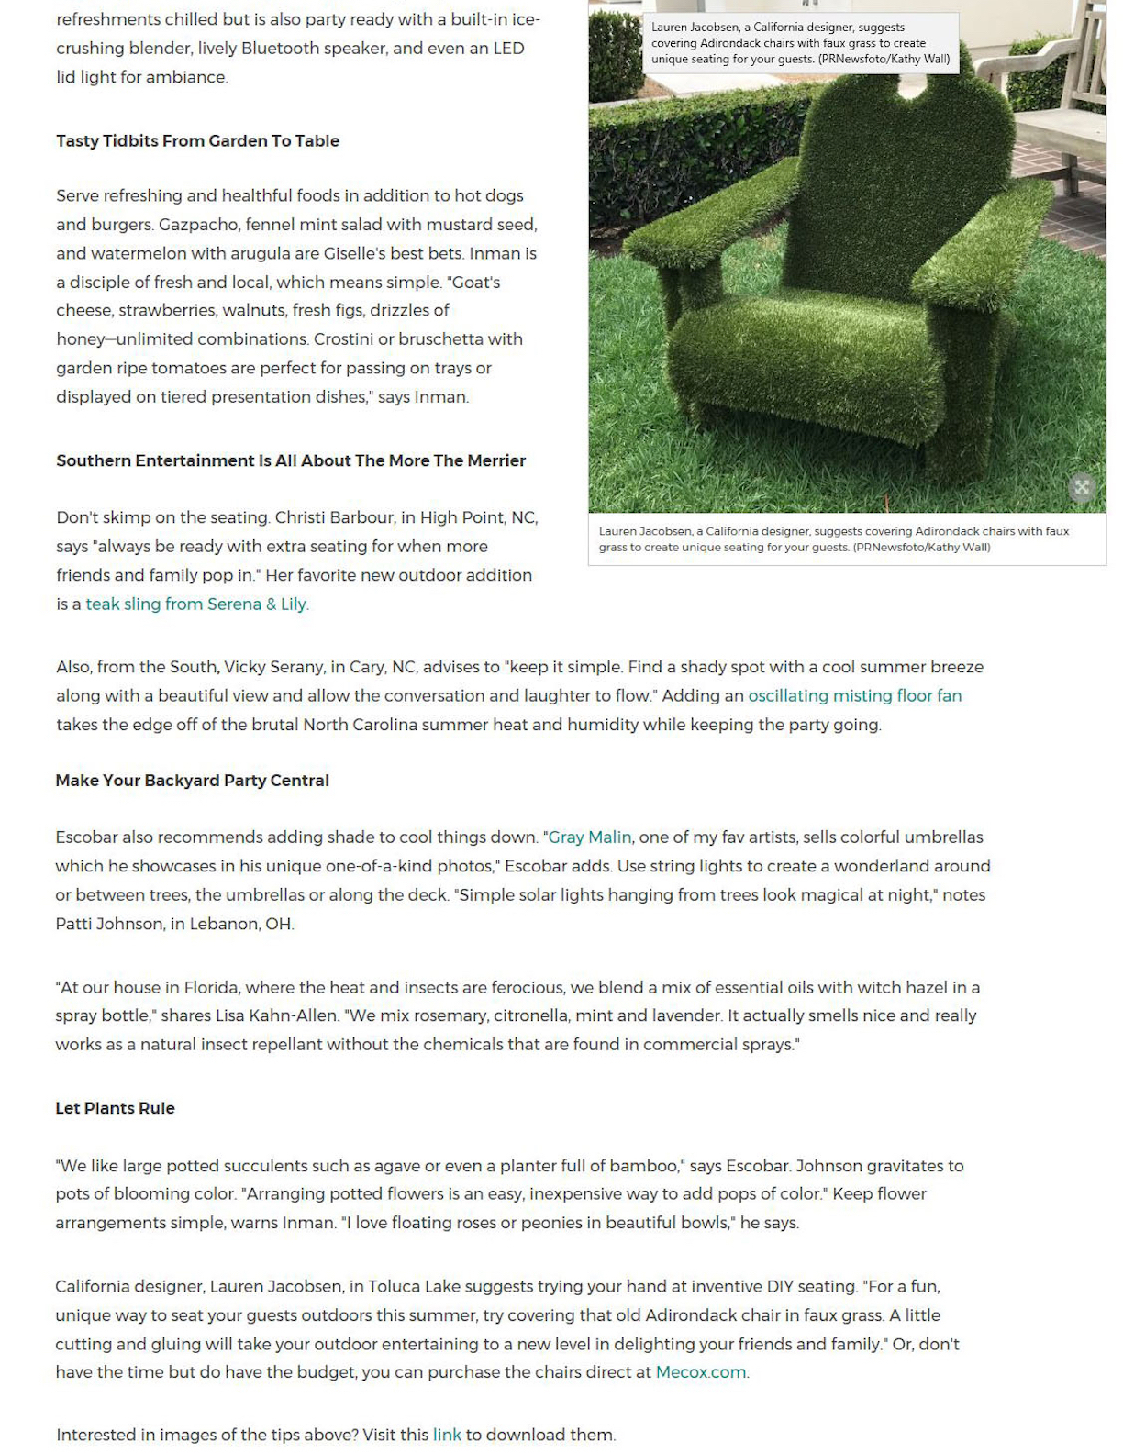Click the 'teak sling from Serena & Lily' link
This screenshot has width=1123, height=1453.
[196, 604]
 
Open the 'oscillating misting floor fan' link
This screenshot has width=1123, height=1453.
[854, 695]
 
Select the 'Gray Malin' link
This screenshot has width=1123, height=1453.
[589, 837]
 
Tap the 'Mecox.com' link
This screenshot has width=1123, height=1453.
[700, 1372]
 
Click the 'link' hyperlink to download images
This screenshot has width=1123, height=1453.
[447, 1435]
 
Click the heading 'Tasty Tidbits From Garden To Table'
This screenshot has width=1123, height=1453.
[197, 140]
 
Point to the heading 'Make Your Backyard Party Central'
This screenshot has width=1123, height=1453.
[192, 780]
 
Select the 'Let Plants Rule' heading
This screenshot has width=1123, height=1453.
[115, 1107]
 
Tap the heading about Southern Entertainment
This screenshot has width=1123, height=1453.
[291, 460]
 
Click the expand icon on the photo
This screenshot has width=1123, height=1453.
[1082, 487]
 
